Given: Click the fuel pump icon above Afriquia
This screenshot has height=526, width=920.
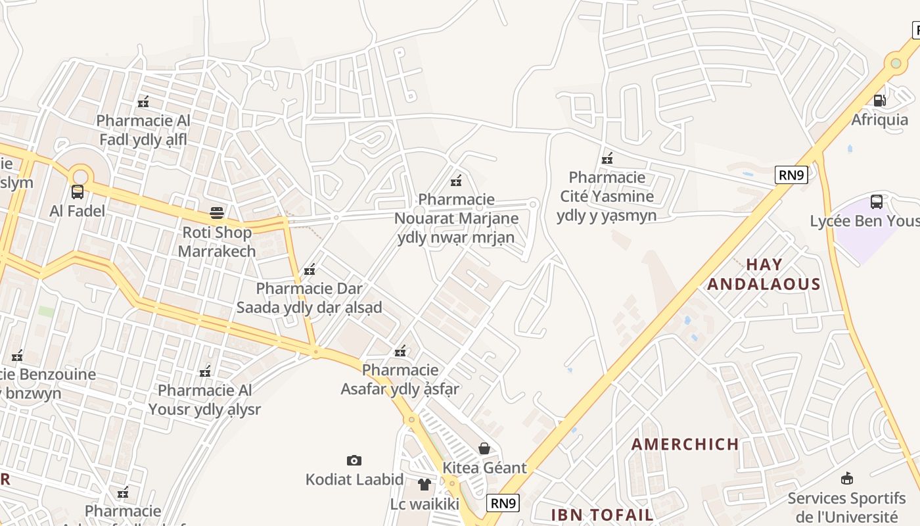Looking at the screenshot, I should coord(879,101).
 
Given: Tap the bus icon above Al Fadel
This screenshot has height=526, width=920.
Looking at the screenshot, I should coord(78,192).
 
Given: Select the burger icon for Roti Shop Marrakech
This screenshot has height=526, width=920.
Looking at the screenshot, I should coord(217,213).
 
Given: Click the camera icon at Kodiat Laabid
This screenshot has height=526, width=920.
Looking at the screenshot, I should coord(354,460).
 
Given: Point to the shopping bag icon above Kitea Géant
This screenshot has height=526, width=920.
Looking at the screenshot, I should coord(484,448).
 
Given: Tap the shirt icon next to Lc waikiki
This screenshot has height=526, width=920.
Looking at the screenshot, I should coord(425,485).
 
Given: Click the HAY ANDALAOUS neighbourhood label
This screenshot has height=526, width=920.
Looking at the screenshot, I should coord(764,274).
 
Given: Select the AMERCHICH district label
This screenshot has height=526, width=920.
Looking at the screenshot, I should coord(685,444).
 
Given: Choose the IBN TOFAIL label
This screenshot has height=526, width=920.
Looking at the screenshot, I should coord(602,514).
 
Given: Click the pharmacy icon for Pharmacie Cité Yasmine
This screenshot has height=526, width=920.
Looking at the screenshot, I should coord(607,158).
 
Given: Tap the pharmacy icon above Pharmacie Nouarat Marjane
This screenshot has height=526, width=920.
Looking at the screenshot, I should coord(456,180).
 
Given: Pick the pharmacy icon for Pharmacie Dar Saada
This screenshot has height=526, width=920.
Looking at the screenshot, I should coord(310,270).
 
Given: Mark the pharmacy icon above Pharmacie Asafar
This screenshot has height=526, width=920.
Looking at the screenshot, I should coord(400,351).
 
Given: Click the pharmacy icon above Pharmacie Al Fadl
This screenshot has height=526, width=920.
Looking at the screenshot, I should coord(143,102).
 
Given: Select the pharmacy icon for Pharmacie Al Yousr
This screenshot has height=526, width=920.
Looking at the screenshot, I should coord(205,371).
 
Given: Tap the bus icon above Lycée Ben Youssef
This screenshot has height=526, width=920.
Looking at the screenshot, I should coord(876,202).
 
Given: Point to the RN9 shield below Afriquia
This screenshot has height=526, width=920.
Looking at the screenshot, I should coord(791,175).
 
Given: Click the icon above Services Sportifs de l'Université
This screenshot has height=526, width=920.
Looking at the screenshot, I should coord(847,478).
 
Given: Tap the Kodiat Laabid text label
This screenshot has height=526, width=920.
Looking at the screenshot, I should coord(354,479).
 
